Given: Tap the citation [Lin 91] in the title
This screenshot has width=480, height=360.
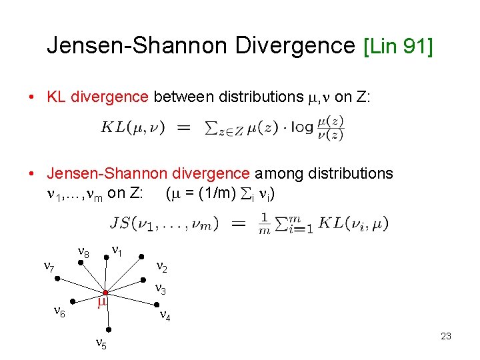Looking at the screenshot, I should click(x=398, y=46).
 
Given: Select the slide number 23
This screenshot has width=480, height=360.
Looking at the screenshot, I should click(x=446, y=336).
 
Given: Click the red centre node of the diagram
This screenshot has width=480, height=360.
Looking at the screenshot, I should click(x=105, y=293).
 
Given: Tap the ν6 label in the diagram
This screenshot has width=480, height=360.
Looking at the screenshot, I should click(x=59, y=312).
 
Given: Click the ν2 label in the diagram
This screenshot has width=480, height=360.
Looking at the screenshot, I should click(x=161, y=267).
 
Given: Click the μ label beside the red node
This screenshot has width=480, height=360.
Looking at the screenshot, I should click(x=102, y=302).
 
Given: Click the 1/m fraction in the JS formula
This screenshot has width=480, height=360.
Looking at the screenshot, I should click(x=265, y=223).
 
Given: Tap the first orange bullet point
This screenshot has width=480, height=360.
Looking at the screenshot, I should click(x=32, y=97).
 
